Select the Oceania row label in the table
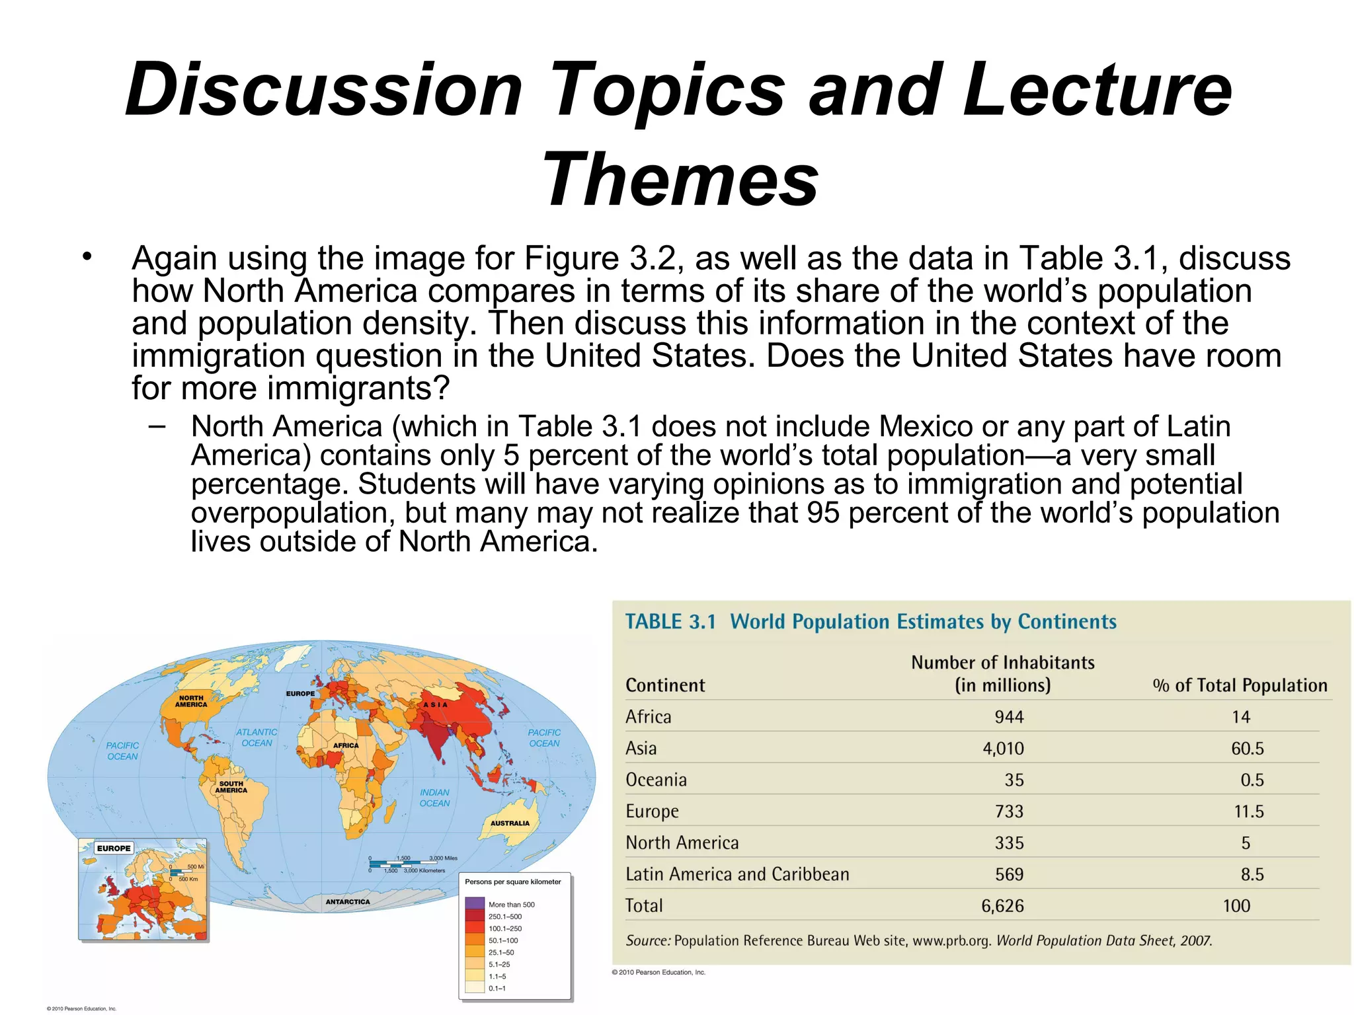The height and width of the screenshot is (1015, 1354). (656, 780)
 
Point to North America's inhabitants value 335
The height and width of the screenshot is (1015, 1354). (1009, 843)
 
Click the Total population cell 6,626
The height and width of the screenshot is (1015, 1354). (1002, 906)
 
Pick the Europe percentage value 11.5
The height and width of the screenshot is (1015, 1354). (1248, 811)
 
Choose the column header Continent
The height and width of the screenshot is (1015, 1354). (665, 685)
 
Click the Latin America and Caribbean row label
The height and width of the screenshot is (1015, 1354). (737, 874)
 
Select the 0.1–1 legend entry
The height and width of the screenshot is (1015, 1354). (497, 989)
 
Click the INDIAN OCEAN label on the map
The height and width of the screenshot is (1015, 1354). (434, 798)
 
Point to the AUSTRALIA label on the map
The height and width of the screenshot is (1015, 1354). (510, 823)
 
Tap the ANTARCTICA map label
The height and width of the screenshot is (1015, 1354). (348, 902)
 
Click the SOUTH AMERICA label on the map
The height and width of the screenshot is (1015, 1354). (231, 786)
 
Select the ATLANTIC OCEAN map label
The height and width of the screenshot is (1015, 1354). (257, 737)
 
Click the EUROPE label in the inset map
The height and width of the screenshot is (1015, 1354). (114, 848)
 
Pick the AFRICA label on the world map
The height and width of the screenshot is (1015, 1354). (346, 745)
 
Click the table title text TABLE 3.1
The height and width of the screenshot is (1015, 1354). (670, 622)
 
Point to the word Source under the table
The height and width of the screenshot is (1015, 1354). (647, 940)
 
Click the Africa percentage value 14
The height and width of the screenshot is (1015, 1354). (1240, 717)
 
